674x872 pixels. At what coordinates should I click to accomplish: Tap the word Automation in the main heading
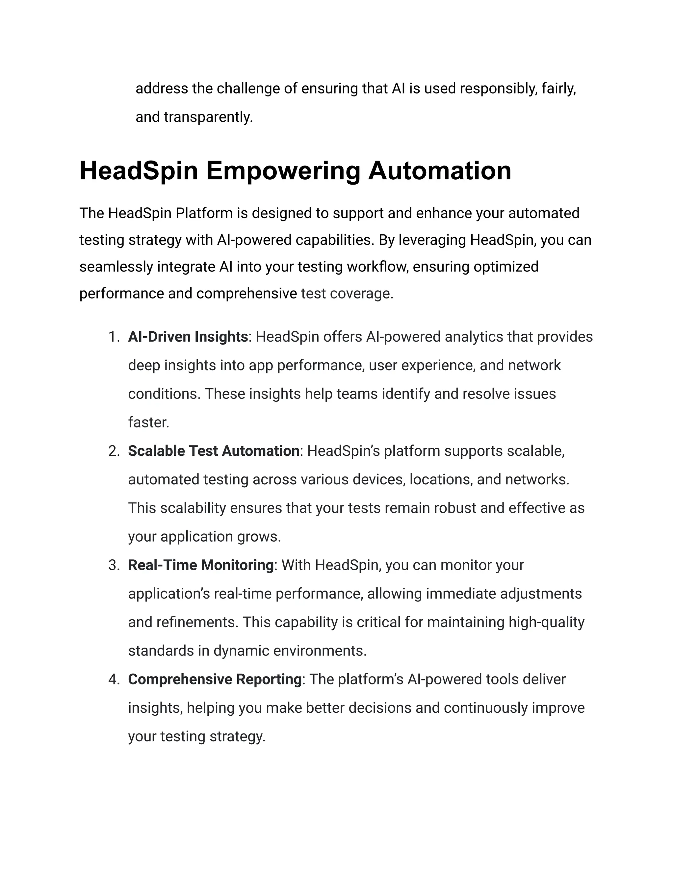tap(439, 171)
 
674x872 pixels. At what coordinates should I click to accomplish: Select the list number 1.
tap(114, 337)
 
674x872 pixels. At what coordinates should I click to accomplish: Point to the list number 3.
tap(114, 565)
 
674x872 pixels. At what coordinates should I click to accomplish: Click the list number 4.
tap(114, 680)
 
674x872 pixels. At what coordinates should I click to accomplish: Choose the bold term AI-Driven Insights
tap(188, 337)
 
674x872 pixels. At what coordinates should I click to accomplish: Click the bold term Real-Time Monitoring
tap(201, 565)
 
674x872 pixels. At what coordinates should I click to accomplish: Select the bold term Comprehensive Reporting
tap(215, 680)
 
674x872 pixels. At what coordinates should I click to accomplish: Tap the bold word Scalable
tap(157, 451)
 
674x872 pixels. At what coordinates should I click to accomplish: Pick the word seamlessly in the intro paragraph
tap(116, 267)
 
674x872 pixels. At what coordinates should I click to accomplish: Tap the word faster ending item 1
tap(148, 423)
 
